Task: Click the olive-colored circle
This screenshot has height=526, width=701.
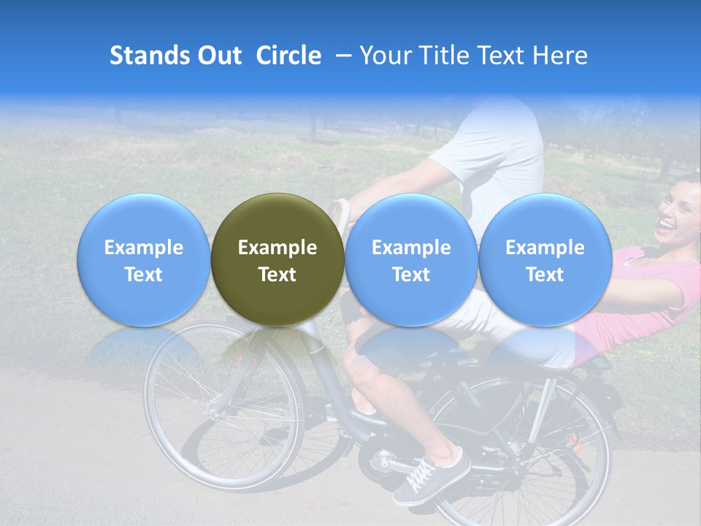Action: pos(277,259)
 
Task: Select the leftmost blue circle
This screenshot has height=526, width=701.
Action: pos(143,259)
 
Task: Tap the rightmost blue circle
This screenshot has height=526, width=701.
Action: pos(545,259)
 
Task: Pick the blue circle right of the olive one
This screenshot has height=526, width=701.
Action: pos(411,259)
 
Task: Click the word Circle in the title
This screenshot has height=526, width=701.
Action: pos(288,56)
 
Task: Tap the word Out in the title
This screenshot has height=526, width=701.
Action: pos(218,56)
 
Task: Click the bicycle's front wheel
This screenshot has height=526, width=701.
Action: pos(223,405)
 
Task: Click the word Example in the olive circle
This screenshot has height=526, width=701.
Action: pos(277,248)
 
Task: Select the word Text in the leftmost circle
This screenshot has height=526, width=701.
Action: pos(143,275)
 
